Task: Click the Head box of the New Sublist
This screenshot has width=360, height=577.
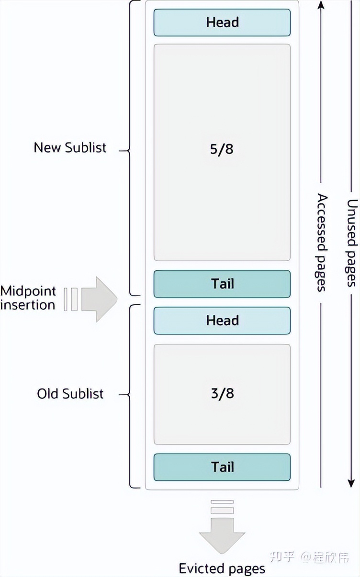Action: point(222,22)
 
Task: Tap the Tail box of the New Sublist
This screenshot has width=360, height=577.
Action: point(222,284)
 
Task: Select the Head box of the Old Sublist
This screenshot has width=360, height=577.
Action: point(222,320)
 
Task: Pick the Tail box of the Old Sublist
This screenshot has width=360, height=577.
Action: point(222,467)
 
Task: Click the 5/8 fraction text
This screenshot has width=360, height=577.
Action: point(222,149)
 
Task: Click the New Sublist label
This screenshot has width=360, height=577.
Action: point(70,147)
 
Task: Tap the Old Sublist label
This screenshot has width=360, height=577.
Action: point(70,394)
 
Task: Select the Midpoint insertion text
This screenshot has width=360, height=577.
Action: point(28,298)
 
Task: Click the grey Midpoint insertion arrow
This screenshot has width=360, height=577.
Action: point(99,299)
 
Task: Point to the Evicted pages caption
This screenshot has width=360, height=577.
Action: point(222,568)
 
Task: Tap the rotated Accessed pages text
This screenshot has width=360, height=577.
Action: point(322,243)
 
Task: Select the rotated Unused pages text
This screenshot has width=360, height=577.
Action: point(352,243)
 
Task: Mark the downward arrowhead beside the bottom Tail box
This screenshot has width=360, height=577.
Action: point(352,482)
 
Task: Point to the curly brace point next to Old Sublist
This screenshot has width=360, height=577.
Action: point(121,395)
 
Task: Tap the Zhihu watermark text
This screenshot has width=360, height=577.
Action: point(309,556)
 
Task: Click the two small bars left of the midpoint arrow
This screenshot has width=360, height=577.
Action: point(71,299)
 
